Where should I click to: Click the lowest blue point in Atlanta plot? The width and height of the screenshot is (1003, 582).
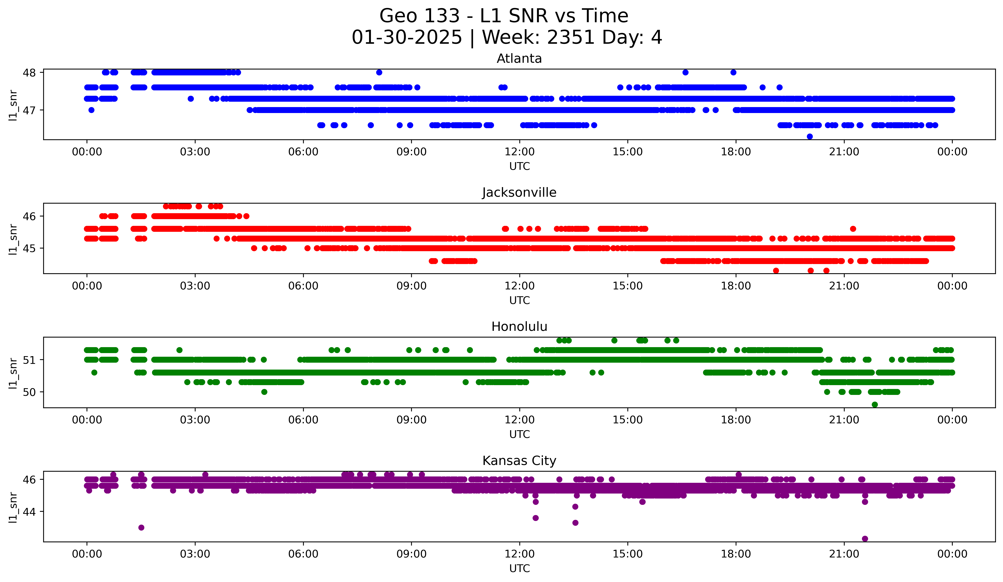click(810, 136)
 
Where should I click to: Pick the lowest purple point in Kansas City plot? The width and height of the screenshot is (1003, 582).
click(865, 539)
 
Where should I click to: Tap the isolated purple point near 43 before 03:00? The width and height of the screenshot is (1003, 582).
click(141, 528)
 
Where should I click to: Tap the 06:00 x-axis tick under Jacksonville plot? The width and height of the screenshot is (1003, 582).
click(303, 286)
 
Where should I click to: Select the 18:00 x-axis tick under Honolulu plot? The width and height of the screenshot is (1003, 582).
click(736, 420)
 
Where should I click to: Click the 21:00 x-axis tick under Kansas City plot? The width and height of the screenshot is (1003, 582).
click(844, 554)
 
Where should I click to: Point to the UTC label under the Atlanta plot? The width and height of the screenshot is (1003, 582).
click(519, 166)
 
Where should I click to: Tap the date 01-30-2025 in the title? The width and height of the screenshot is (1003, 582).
click(407, 37)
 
